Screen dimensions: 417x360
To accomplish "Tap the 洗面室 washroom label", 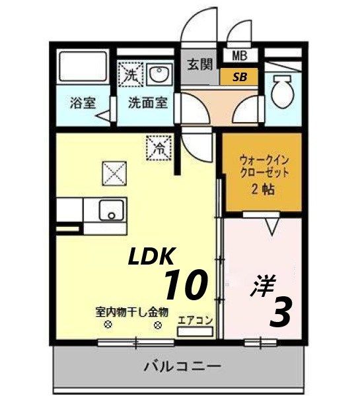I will click(147, 103).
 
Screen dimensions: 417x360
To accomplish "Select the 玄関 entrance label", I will click(199, 65).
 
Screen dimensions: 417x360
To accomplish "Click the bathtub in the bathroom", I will click(83, 67).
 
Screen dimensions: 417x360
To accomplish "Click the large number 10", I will click(186, 285).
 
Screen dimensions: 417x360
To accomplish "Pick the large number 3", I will click(280, 312).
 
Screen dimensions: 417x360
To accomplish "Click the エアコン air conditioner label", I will click(196, 320).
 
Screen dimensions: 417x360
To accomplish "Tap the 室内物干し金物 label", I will click(132, 311).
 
